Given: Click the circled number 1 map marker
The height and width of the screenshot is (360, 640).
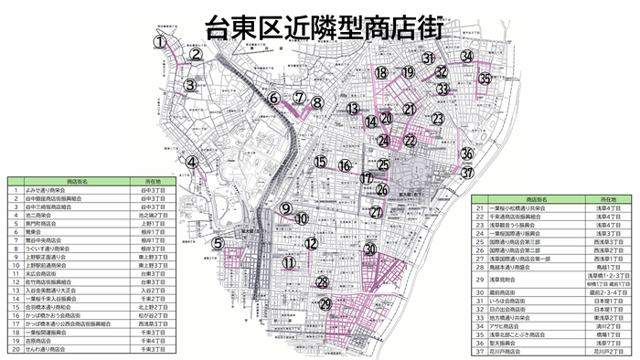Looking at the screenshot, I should click(x=159, y=41).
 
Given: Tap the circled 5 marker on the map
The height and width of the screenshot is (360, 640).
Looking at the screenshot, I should click(x=218, y=244).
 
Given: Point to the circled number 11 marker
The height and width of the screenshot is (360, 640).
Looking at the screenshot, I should click(x=290, y=263).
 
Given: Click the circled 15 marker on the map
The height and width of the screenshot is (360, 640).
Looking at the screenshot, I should click(x=320, y=163).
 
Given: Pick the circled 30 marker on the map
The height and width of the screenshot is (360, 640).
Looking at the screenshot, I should click(x=369, y=249).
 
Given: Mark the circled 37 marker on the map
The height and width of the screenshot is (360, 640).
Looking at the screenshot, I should click(x=468, y=172).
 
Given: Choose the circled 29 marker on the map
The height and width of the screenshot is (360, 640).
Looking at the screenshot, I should click(x=325, y=304).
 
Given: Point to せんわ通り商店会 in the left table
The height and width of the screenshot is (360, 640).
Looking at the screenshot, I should click(x=60, y=349).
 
